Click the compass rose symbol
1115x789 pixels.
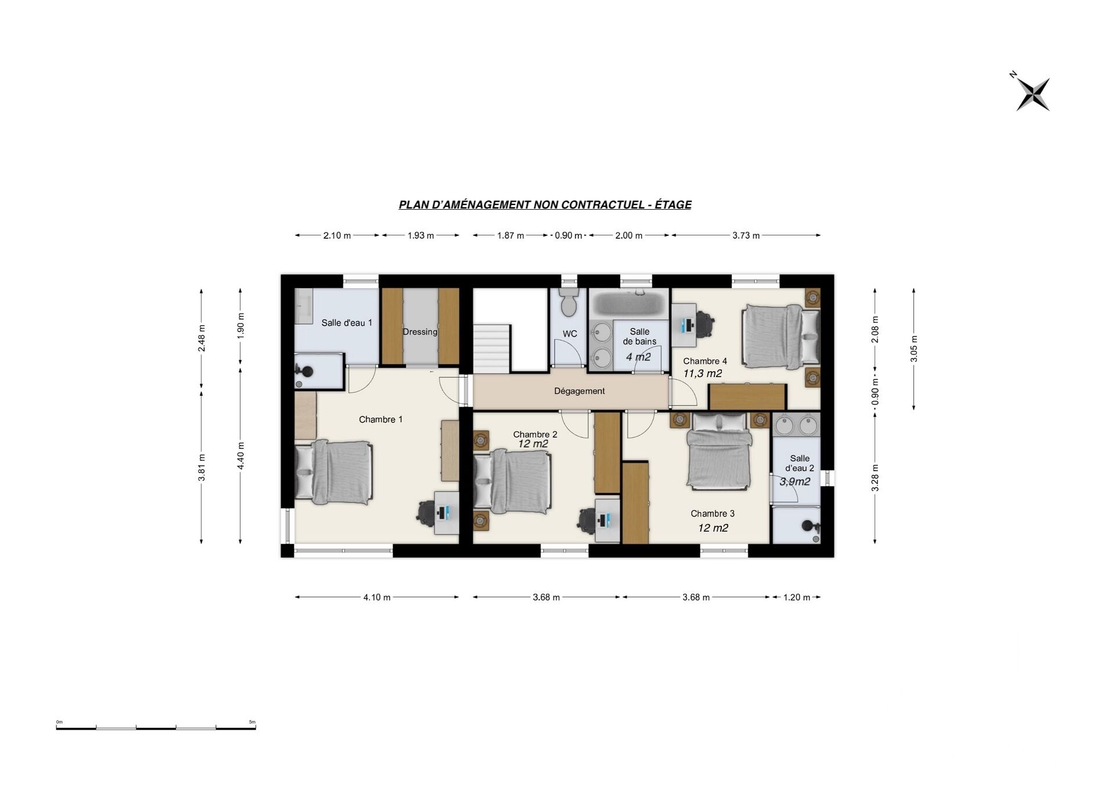[1033, 94]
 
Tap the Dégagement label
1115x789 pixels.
[579, 391]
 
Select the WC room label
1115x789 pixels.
[570, 333]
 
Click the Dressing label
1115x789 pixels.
[420, 332]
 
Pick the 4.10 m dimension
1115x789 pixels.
[377, 597]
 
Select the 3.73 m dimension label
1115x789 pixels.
[746, 235]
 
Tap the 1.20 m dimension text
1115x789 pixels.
[796, 597]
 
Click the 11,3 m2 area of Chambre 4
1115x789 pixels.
[702, 374]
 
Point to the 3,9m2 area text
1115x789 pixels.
[794, 482]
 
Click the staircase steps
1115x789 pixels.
[492, 349]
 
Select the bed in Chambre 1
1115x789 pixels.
[333, 472]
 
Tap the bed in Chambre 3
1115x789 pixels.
[720, 450]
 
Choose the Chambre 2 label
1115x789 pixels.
[535, 434]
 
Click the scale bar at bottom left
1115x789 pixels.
[156, 727]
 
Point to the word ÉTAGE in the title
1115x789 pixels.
[673, 205]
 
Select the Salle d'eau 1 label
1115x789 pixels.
[347, 322]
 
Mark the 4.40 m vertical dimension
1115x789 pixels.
[240, 456]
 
